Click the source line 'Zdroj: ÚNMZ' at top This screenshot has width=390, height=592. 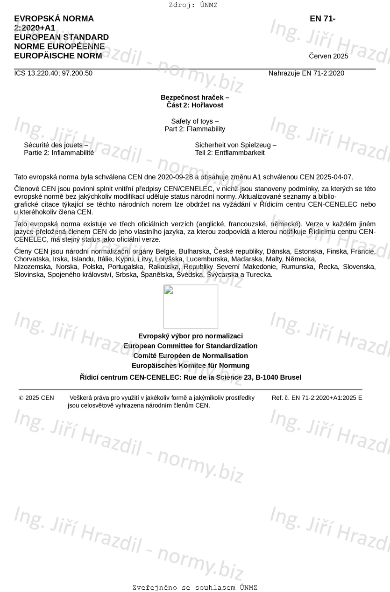(193, 5)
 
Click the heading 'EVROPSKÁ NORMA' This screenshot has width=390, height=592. (54, 19)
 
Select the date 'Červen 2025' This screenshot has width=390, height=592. (328, 56)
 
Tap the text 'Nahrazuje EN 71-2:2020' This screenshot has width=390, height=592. (306, 73)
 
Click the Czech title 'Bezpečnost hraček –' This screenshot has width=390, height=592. (195, 98)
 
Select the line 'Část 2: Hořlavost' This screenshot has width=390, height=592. (195, 105)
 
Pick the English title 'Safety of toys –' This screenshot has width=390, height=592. (195, 121)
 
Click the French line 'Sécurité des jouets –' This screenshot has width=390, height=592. (56, 145)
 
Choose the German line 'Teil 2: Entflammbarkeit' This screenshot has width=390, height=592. (229, 153)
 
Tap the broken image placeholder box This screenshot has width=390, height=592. (191, 306)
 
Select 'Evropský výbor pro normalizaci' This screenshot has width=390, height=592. (191, 336)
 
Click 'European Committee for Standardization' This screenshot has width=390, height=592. (191, 346)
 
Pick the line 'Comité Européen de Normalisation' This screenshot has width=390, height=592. (191, 355)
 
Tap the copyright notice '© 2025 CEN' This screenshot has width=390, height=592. (36, 398)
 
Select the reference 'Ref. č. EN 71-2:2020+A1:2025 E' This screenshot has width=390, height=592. (317, 398)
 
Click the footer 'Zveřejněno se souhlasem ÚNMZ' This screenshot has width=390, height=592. (195, 588)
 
